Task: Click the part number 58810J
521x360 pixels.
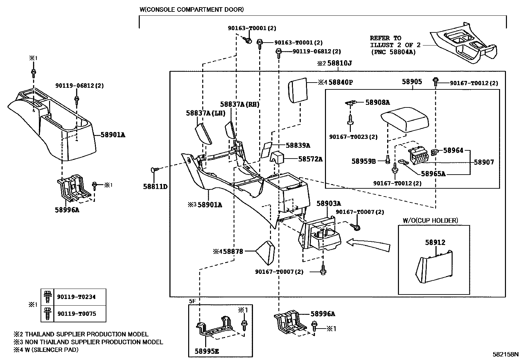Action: pyautogui.click(x=339, y=63)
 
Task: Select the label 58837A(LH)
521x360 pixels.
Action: pyautogui.click(x=206, y=113)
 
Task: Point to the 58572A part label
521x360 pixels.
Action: pyautogui.click(x=310, y=159)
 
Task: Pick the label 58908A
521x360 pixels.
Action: pyautogui.click(x=378, y=103)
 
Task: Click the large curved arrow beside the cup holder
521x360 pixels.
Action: pyautogui.click(x=368, y=244)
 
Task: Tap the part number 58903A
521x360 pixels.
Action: pyautogui.click(x=329, y=203)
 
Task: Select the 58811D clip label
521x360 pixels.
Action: pyautogui.click(x=155, y=187)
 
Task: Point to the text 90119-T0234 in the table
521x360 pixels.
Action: pyautogui.click(x=77, y=297)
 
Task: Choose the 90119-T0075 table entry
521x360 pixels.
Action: pyautogui.click(x=77, y=313)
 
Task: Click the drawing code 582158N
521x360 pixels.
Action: pyautogui.click(x=506, y=354)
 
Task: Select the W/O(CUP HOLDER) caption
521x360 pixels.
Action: pyautogui.click(x=430, y=220)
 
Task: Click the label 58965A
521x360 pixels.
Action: pyautogui.click(x=433, y=174)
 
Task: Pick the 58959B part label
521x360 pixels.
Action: pyautogui.click(x=364, y=161)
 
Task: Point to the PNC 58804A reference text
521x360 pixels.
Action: pyautogui.click(x=393, y=52)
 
